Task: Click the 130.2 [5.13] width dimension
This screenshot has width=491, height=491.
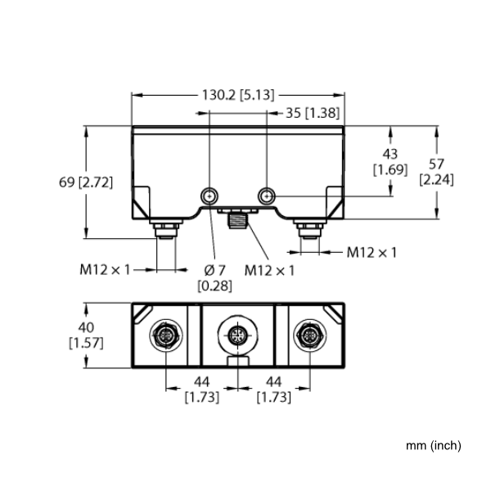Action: coord(238,95)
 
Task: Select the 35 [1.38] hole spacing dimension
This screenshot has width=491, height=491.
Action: coord(313,113)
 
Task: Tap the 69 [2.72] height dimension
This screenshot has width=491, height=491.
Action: coord(86,182)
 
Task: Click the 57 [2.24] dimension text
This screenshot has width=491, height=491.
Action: coord(436,172)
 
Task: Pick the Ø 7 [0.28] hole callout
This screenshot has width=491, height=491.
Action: coord(214,277)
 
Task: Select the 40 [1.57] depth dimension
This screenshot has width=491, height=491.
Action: coord(86,336)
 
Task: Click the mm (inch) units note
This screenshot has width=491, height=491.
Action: coord(434,445)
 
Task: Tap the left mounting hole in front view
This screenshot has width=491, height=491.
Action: coord(209,196)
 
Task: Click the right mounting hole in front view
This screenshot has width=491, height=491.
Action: coord(267,196)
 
